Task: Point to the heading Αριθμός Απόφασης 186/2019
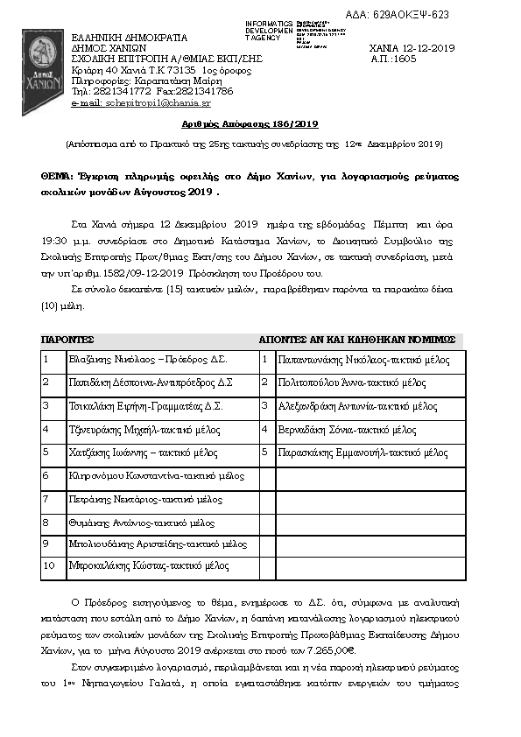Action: pos(260,125)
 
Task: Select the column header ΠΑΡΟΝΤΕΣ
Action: pos(68,339)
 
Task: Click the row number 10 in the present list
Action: pos(49,566)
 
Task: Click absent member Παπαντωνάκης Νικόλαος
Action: pos(363,360)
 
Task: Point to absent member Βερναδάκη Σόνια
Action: pos(347,430)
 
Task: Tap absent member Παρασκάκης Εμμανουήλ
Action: pos(363,453)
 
